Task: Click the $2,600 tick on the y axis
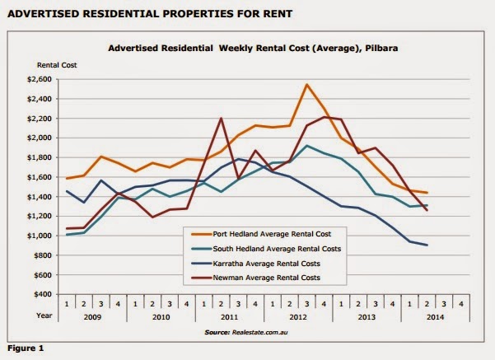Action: coord(40,79)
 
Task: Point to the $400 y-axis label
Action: coord(42,294)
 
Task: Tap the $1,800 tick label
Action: coord(40,157)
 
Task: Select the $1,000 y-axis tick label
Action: coord(40,236)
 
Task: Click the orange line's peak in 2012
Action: coord(306,84)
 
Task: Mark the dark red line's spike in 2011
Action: coord(221,119)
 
